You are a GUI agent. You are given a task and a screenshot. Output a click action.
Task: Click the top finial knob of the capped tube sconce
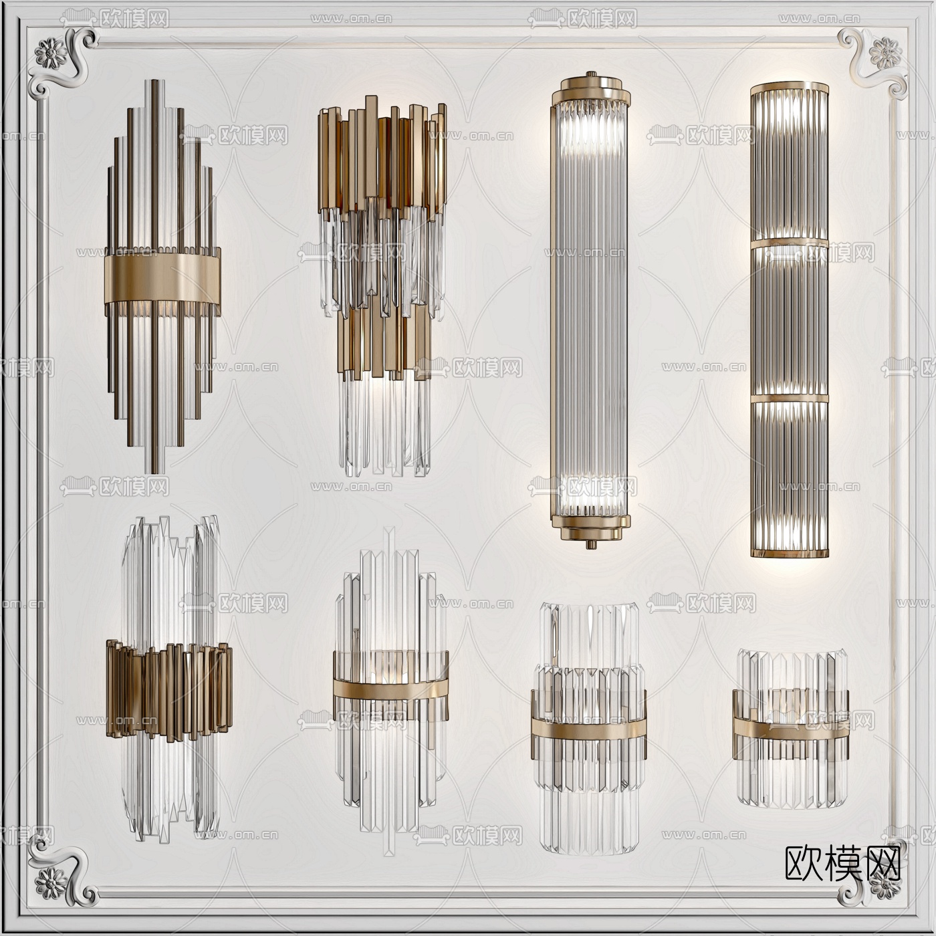(590, 74)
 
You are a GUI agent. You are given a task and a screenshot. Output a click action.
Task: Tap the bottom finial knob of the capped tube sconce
(590, 544)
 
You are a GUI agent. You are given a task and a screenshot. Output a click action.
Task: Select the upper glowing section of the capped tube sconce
(590, 130)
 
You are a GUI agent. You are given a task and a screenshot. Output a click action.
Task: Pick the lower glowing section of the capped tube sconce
(590, 491)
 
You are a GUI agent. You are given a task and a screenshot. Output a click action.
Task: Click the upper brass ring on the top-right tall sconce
(790, 243)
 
